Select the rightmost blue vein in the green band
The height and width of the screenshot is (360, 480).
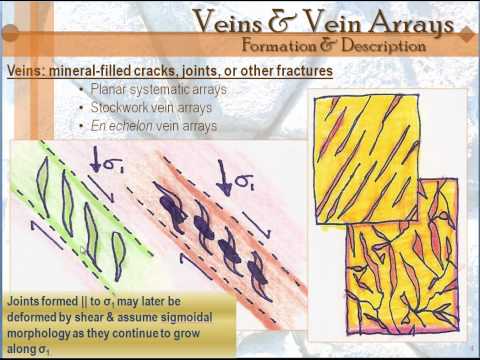click(118, 255)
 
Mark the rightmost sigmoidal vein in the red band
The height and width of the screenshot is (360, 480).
click(258, 268)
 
